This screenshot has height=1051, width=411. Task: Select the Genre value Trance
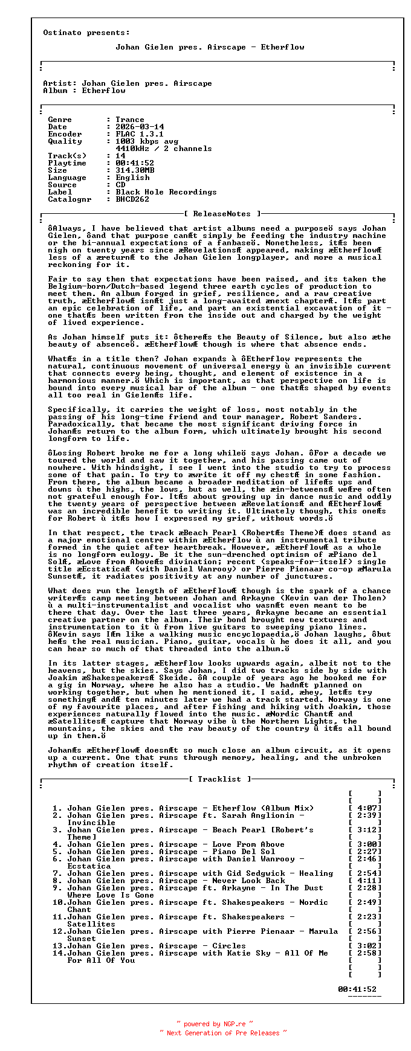[130, 120]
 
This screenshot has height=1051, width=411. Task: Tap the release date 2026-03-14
[140, 127]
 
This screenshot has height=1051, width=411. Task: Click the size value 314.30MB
[135, 170]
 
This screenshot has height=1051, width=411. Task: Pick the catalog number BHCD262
[132, 199]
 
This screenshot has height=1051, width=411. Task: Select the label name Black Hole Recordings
[166, 192]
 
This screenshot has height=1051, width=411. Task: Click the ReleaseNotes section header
[222, 214]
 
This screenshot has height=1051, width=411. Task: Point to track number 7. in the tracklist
[57, 873]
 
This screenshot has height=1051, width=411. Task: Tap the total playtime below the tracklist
[357, 989]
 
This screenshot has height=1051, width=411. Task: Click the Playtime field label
[67, 163]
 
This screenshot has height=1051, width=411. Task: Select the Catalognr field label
[70, 199]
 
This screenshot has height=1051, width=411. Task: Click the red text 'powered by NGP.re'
[215, 1024]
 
